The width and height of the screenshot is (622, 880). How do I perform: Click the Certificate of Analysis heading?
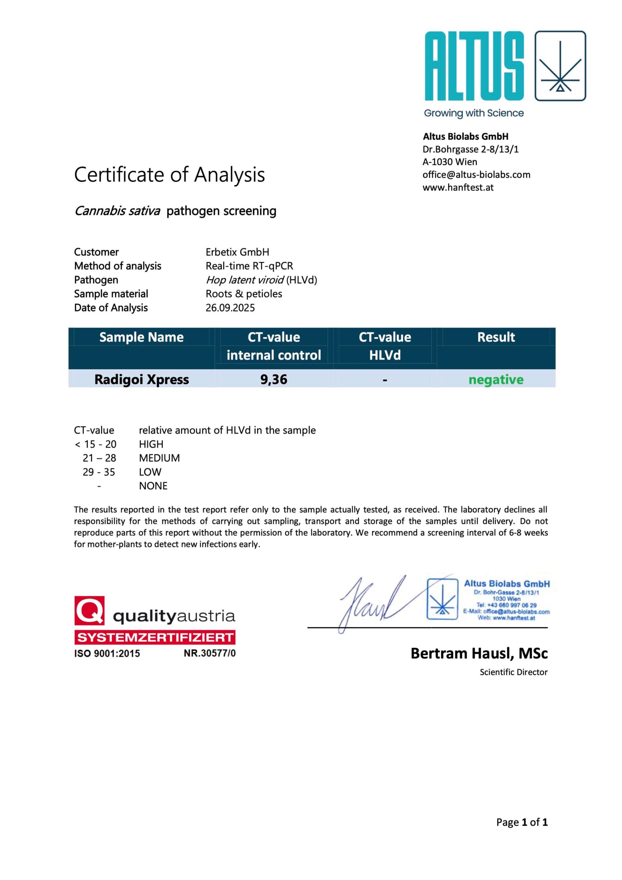click(169, 175)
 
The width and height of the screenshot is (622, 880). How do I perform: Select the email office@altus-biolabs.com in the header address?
click(476, 175)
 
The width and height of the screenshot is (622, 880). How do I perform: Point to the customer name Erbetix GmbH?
click(237, 252)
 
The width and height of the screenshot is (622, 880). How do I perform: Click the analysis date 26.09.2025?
click(230, 308)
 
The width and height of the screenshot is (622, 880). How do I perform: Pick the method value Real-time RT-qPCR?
click(249, 266)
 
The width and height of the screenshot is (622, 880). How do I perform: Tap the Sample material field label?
click(111, 294)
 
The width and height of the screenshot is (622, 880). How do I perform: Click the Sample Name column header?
click(142, 337)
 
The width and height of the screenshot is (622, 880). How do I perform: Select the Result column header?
click(496, 337)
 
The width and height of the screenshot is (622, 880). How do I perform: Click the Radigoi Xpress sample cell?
click(142, 379)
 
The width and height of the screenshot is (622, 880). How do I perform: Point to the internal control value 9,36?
click(274, 379)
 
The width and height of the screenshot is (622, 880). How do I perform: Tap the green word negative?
click(496, 380)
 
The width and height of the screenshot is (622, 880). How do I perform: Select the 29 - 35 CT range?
click(99, 472)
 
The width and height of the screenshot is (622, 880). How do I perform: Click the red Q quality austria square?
click(89, 610)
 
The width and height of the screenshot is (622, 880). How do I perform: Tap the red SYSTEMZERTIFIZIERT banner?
click(155, 637)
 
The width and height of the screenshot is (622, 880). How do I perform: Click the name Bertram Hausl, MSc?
click(479, 653)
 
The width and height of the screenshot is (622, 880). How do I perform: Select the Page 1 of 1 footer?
click(522, 823)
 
